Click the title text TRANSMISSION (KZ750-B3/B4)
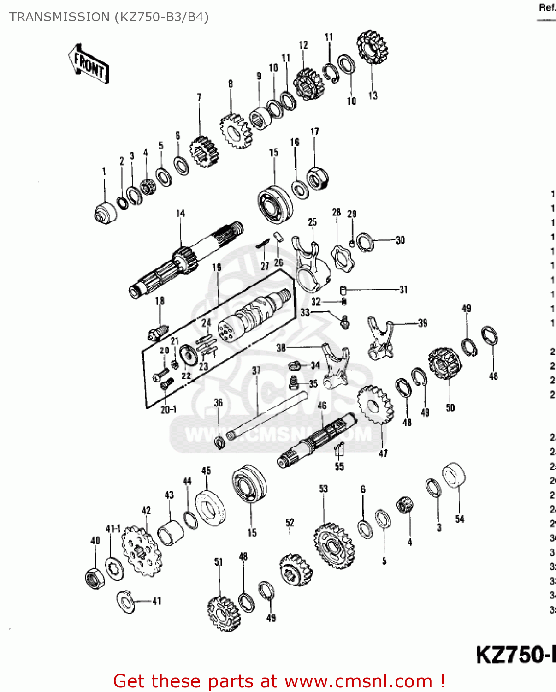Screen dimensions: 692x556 tap(109, 17)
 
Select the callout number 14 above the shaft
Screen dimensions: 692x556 tap(180, 213)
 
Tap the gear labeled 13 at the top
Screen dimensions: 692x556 tap(372, 47)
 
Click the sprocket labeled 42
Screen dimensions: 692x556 tap(141, 551)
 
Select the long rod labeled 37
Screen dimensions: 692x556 tap(267, 415)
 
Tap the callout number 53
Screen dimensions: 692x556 tap(323, 489)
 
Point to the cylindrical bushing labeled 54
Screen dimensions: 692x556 tap(454, 475)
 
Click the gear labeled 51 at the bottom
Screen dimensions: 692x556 tap(224, 613)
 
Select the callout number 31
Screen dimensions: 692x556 tap(403, 290)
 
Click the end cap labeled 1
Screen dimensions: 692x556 tap(106, 213)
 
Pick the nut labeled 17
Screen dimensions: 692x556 tap(317, 178)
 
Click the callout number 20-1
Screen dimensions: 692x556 tap(168, 409)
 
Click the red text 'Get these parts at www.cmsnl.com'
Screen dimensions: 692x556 tap(278, 681)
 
